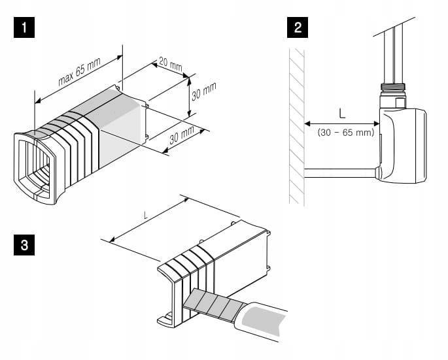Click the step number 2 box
point(298,28)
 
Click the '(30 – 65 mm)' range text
point(345,133)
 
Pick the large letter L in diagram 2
point(342,113)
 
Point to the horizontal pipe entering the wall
point(340,172)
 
